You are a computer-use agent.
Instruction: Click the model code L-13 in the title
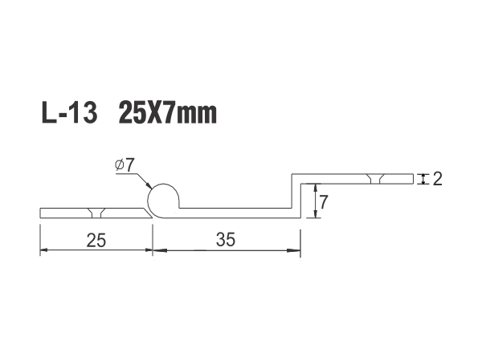(69, 112)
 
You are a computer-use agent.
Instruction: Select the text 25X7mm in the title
(168, 112)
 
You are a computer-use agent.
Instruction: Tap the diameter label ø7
(125, 165)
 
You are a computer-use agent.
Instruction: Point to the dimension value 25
(96, 240)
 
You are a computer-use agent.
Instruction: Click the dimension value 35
(226, 239)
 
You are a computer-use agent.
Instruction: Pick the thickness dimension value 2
(438, 179)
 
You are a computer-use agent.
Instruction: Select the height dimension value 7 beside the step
(324, 202)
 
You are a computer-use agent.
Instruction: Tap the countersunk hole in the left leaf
(96, 213)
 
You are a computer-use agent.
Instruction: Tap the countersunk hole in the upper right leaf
(375, 179)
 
